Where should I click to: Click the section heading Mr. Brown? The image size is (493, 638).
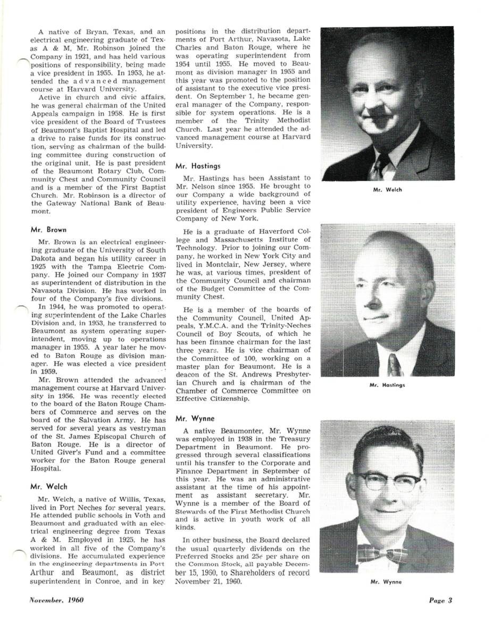[x=48, y=230]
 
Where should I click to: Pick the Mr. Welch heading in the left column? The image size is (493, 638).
[x=49, y=486]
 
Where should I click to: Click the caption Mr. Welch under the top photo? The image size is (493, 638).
[x=387, y=190]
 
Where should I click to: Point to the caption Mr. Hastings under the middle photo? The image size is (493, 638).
[x=387, y=385]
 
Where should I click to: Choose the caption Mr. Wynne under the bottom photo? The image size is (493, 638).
[x=386, y=582]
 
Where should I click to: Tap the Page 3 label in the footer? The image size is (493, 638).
[x=440, y=601]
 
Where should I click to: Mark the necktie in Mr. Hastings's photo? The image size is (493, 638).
[x=394, y=365]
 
